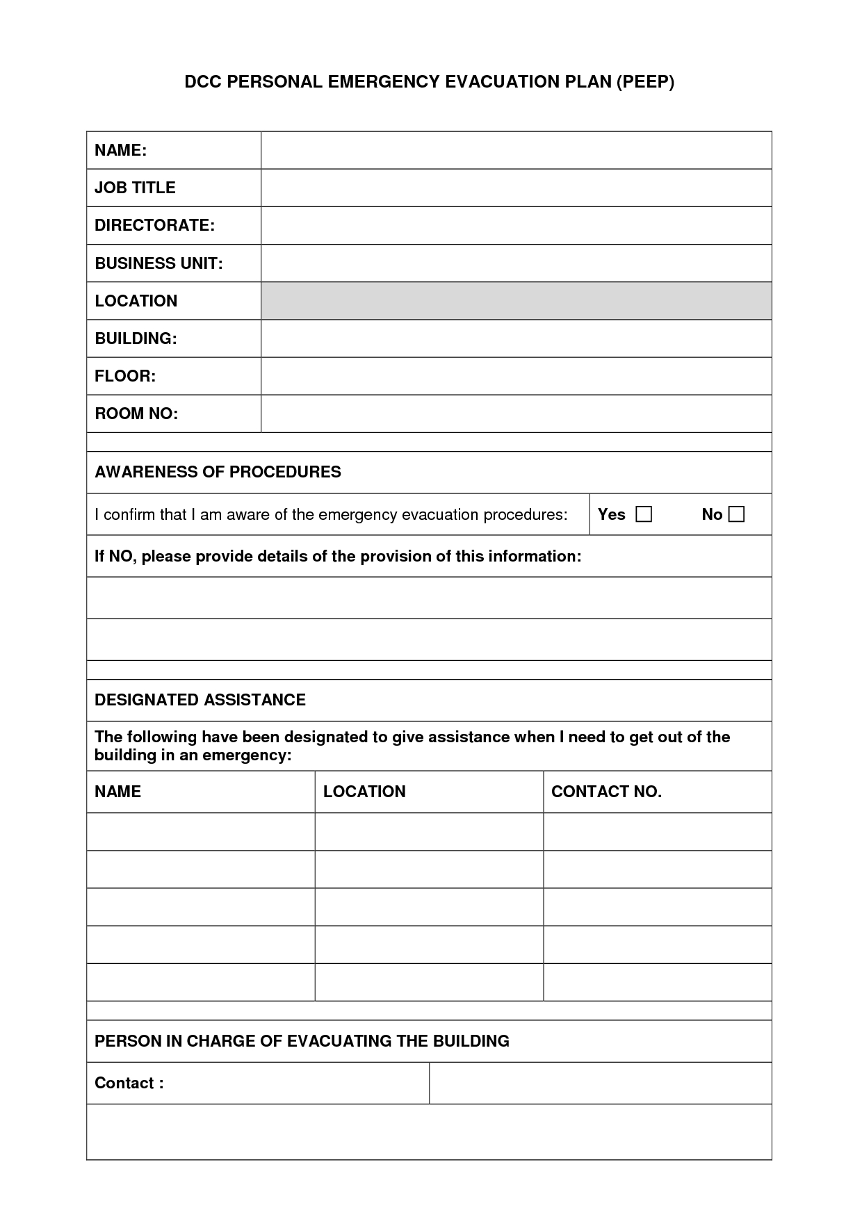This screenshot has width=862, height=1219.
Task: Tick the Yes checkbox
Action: (644, 514)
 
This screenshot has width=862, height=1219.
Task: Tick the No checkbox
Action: (736, 514)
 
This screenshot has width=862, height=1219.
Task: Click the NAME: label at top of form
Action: (120, 150)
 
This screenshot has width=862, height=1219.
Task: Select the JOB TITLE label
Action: (135, 188)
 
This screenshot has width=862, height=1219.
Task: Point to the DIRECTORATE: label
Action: (154, 225)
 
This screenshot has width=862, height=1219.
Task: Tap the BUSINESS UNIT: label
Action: (158, 263)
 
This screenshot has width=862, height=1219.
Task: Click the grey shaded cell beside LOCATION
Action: (516, 301)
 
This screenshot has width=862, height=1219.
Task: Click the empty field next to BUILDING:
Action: (516, 338)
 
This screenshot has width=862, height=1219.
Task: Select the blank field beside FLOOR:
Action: (516, 376)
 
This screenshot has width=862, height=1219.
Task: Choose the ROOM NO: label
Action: (136, 414)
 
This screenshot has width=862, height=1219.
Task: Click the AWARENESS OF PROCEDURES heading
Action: (218, 472)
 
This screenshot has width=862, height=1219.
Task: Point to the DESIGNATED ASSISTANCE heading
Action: (200, 700)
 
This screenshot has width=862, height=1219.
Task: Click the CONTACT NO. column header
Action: (606, 792)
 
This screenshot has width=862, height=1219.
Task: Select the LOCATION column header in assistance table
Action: (364, 792)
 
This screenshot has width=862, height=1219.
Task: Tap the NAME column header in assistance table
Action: (117, 792)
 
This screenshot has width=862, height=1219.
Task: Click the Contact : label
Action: (129, 1083)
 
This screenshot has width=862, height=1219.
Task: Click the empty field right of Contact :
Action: (600, 1083)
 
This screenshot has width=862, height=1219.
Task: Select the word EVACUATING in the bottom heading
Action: (339, 1041)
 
